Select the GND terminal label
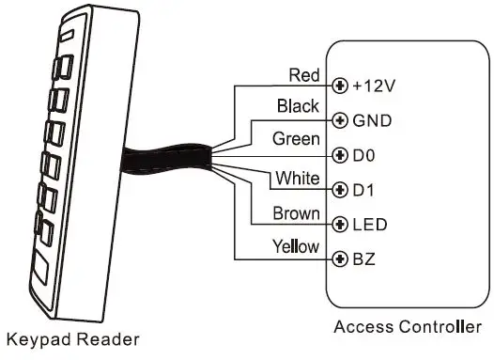371,121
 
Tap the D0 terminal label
365,155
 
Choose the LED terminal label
368,225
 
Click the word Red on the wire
303,74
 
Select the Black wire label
298,107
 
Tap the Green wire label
294,139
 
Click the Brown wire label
296,213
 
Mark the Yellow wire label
295,246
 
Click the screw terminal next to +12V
340,86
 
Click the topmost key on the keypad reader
65,68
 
